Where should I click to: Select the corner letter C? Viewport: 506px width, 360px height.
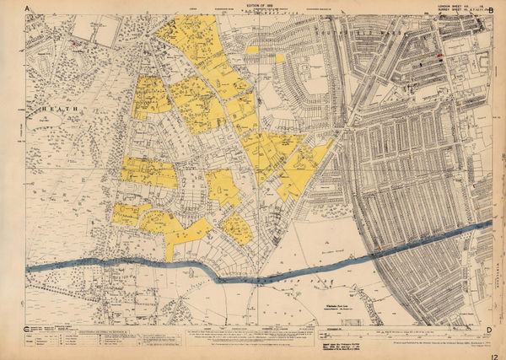[28, 330]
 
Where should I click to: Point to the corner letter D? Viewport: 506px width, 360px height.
[488, 330]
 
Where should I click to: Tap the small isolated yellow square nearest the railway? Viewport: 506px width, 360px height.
[280, 58]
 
